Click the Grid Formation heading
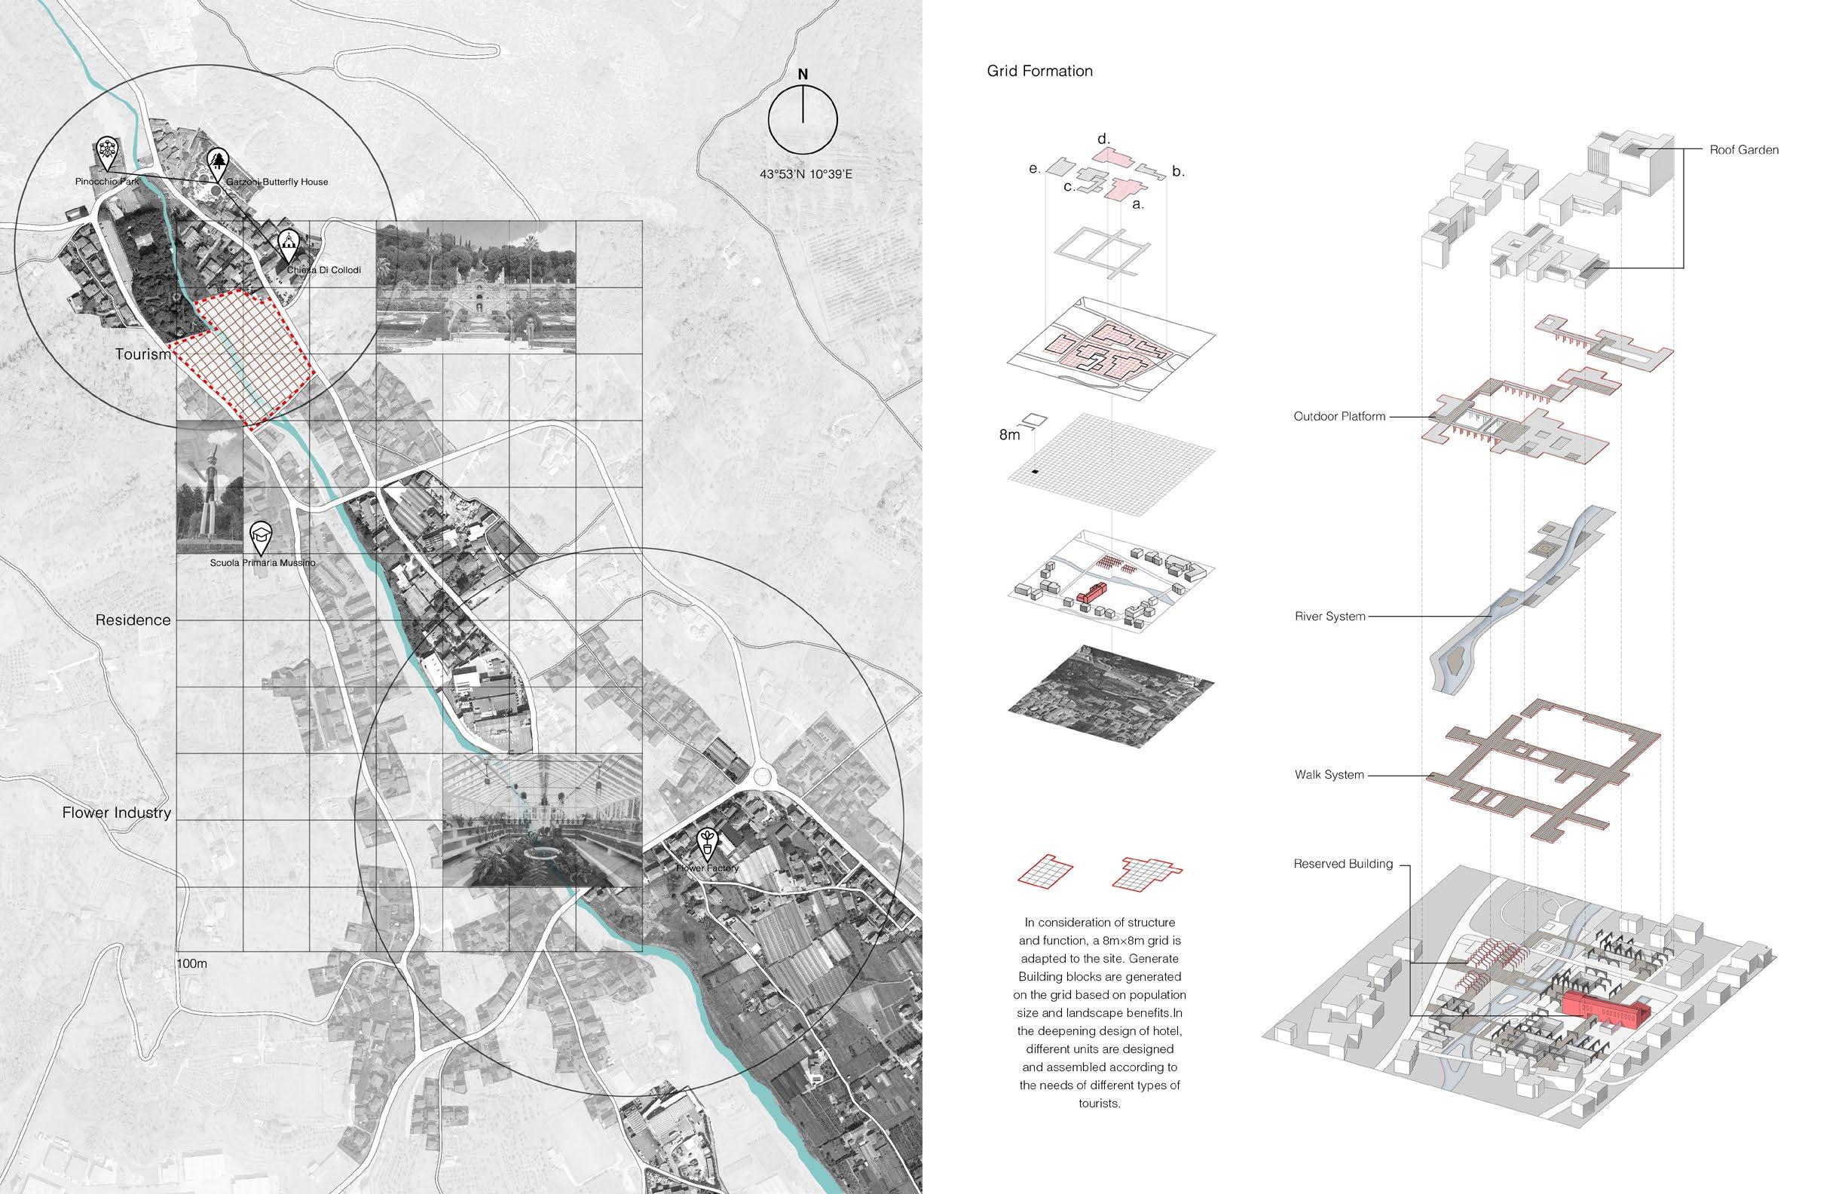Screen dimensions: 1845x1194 click(x=1039, y=72)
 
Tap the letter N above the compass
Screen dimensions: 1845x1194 click(x=803, y=75)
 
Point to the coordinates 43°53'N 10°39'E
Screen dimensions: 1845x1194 click(x=806, y=175)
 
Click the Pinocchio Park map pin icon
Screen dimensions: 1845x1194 click(x=106, y=152)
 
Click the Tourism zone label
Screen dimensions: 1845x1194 click(x=142, y=354)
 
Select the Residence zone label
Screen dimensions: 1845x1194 click(x=133, y=620)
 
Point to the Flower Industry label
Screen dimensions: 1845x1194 click(x=116, y=813)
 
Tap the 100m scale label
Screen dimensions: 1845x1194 click(x=192, y=964)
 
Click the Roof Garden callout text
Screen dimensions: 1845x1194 click(x=1744, y=150)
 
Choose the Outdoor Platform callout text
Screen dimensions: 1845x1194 click(x=1339, y=416)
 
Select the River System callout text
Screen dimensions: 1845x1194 click(x=1329, y=617)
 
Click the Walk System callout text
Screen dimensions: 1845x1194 click(x=1329, y=775)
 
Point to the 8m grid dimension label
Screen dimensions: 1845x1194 click(x=1009, y=436)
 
